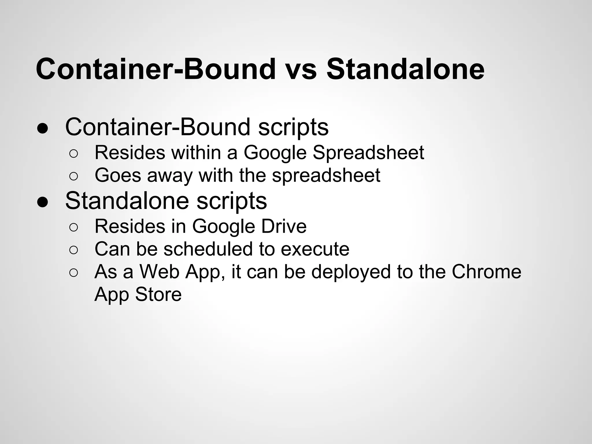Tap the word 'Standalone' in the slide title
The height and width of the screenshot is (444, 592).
click(405, 69)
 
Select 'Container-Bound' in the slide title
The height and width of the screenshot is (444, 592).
click(156, 69)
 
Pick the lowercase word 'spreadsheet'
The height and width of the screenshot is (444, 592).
click(326, 176)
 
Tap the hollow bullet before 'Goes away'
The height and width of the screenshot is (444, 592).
click(73, 176)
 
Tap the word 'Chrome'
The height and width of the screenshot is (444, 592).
click(486, 272)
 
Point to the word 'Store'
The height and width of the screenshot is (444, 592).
click(158, 295)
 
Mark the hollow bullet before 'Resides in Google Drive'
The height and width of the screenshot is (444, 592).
click(73, 227)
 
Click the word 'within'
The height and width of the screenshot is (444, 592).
click(196, 153)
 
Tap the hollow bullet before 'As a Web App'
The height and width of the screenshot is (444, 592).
click(73, 273)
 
